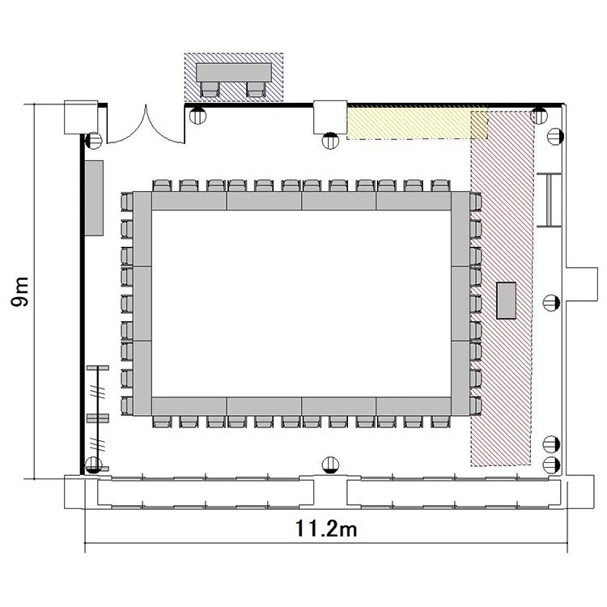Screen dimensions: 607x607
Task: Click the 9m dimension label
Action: coord(19,291)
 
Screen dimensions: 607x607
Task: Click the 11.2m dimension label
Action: coord(326,528)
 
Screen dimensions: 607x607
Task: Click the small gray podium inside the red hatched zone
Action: coord(507,300)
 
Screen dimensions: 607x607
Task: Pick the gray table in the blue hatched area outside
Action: coord(234,72)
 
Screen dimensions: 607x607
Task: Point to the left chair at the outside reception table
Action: coord(210,89)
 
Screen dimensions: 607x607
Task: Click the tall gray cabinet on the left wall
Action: coord(94,197)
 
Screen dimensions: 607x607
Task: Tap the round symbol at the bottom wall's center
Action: coord(330,465)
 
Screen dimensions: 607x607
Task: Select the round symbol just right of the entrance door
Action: coord(197,116)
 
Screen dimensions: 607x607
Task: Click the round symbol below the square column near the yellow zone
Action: coord(330,141)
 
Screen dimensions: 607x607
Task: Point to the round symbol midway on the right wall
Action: coord(551,302)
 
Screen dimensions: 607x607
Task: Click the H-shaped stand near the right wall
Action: coord(549,200)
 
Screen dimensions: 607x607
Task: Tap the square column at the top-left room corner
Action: coord(81,117)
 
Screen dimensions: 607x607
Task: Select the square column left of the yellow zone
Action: coord(330,117)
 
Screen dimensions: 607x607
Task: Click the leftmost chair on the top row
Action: coord(162,185)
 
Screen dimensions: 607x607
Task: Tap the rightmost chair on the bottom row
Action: coord(440,422)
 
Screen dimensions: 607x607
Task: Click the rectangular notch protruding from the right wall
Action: coord(582,284)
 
